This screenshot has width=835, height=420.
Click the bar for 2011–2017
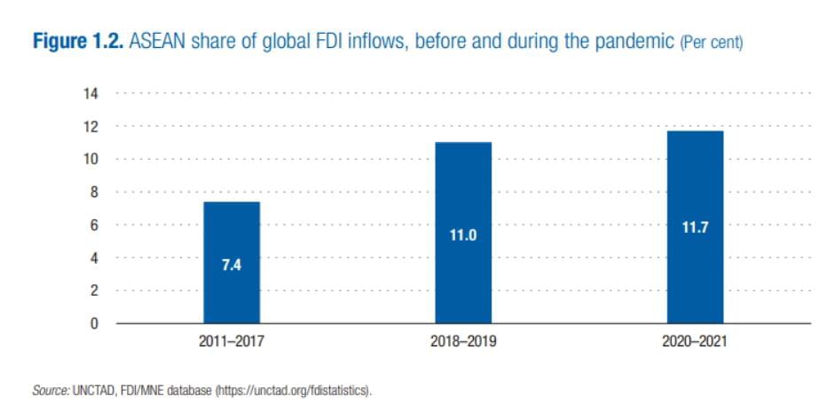coord(232,262)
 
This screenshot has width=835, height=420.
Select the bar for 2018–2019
coord(463,233)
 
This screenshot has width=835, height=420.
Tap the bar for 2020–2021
coord(695,226)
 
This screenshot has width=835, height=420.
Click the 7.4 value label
coord(232,265)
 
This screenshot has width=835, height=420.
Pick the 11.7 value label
coord(695,227)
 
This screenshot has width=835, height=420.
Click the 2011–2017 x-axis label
coord(232,341)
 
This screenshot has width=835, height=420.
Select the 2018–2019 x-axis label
coord(463,341)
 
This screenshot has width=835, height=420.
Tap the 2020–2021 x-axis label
coord(695,341)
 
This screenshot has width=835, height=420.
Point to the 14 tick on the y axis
coord(92,93)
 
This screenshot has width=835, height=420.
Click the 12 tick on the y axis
coord(92,126)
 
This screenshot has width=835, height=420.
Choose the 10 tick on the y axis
coord(92,159)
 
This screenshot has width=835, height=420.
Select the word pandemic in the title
coord(633,43)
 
